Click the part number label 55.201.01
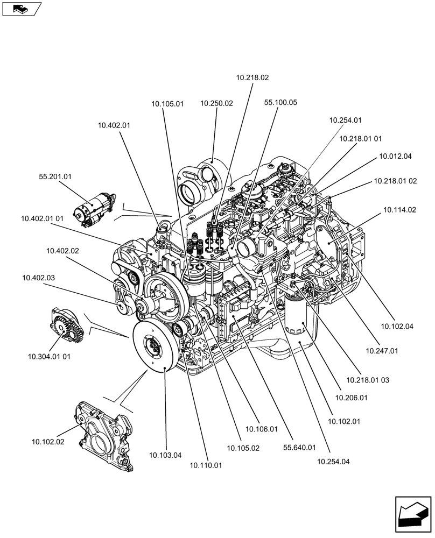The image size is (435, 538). pyautogui.click(x=55, y=176)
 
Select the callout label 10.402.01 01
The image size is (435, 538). pyautogui.click(x=43, y=218)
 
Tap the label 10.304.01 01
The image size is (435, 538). pyautogui.click(x=50, y=356)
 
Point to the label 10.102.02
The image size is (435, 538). pyautogui.click(x=48, y=442)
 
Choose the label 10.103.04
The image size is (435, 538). pyautogui.click(x=166, y=455)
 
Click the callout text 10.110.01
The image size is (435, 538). pyautogui.click(x=206, y=465)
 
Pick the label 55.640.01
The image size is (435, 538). pyautogui.click(x=299, y=447)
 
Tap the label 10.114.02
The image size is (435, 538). pyautogui.click(x=399, y=210)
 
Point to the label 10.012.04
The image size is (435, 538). pyautogui.click(x=395, y=157)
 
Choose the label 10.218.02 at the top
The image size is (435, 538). pyautogui.click(x=252, y=77)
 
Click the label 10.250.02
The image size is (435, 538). pyautogui.click(x=216, y=103)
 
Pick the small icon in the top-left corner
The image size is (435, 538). pyautogui.click(x=21, y=9)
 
